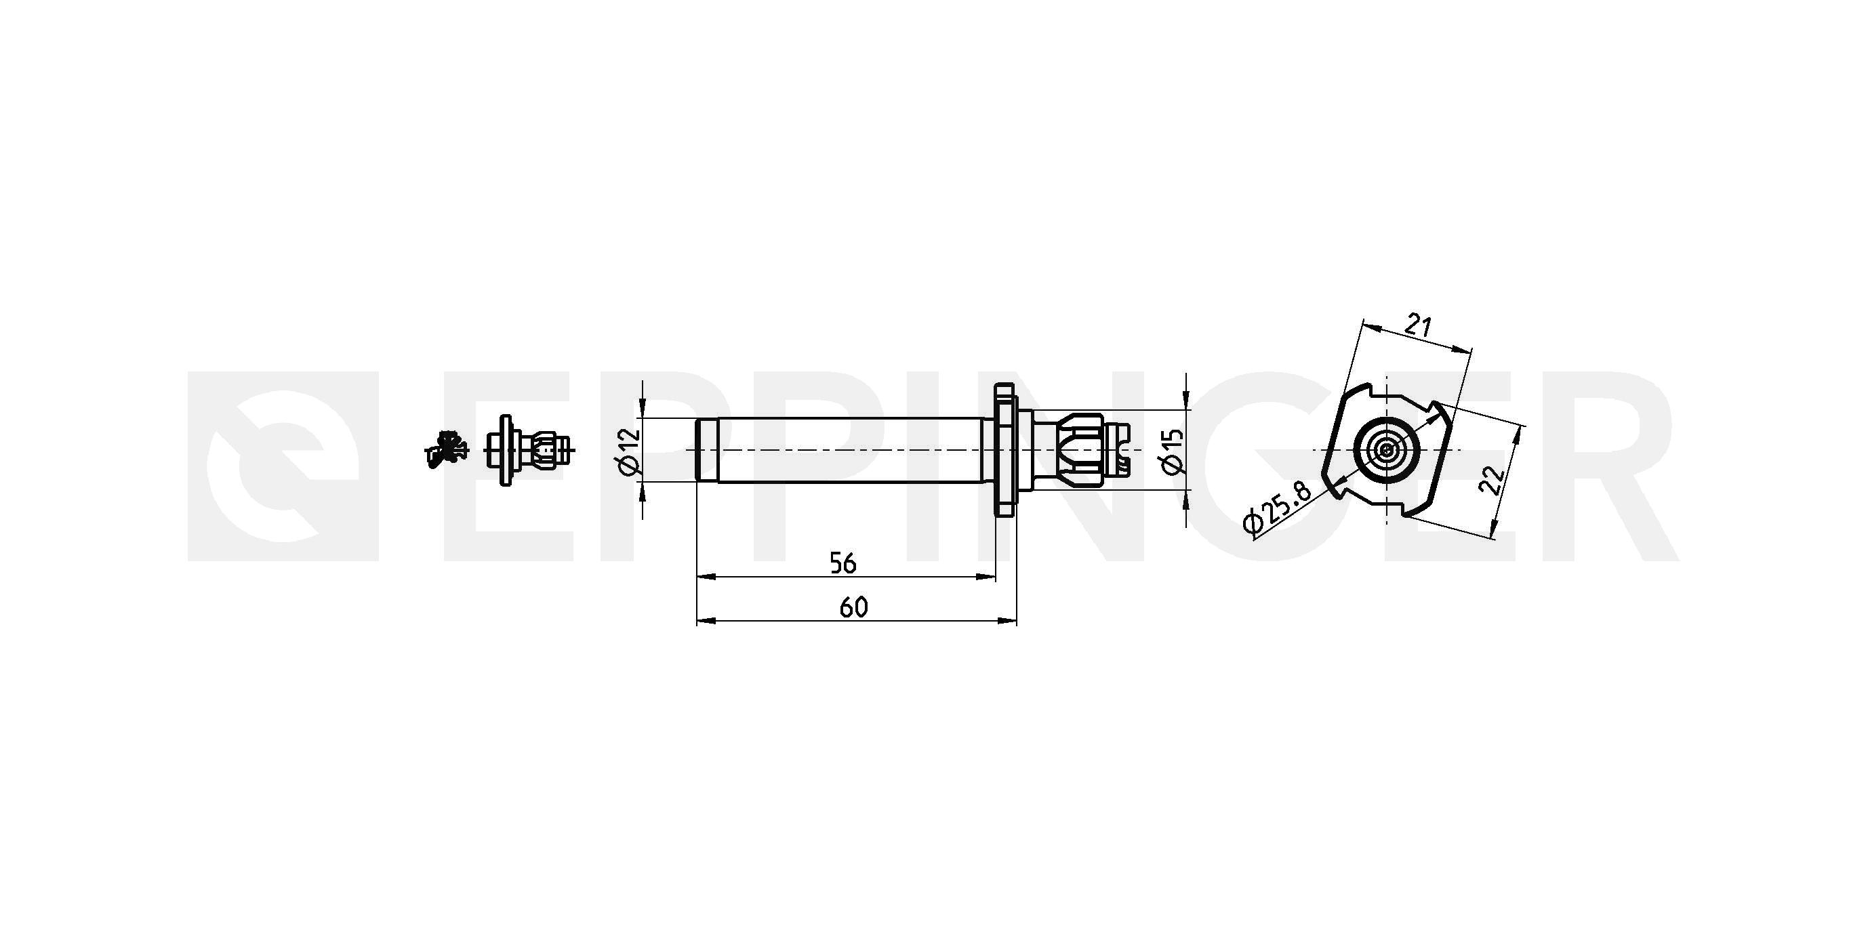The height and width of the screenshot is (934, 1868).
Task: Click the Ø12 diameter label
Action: (630, 451)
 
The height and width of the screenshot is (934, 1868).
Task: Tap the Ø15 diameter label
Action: (1173, 451)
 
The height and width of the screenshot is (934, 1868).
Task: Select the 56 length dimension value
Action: (842, 563)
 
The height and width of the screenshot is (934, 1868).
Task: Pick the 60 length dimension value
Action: (853, 607)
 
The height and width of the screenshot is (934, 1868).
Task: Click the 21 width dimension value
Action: (1418, 325)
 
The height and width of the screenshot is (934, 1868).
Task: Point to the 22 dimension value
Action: (1493, 479)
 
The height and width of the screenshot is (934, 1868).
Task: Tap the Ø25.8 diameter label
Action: (1278, 508)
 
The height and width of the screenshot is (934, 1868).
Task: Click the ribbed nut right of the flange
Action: (1080, 449)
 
